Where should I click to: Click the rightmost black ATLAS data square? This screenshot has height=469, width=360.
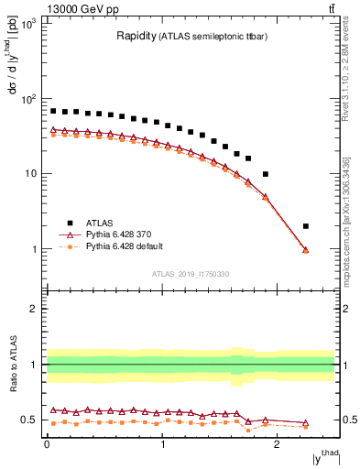(x=306, y=226)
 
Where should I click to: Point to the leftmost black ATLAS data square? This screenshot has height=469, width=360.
(x=53, y=111)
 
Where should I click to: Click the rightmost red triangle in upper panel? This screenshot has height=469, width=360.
(x=306, y=250)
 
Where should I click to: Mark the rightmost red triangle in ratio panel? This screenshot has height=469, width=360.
(x=306, y=423)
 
